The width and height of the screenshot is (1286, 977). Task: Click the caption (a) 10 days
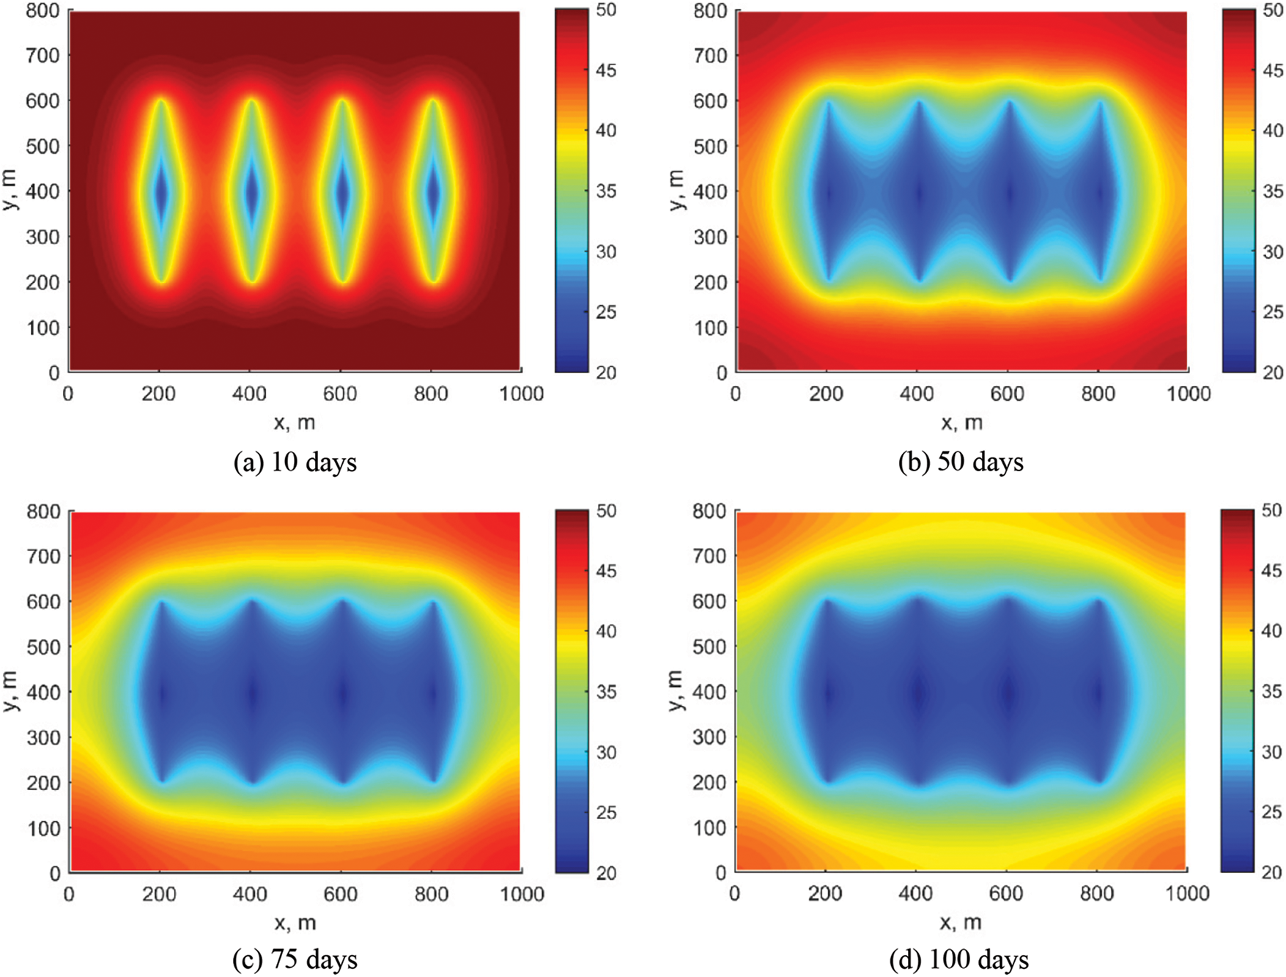pos(295,462)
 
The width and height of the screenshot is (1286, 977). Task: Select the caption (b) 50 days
pos(961,462)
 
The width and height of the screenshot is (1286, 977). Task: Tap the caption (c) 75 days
pos(295,959)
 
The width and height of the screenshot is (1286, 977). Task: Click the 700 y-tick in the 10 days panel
pos(43,55)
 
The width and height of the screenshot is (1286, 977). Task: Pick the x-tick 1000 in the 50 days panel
pos(1189,394)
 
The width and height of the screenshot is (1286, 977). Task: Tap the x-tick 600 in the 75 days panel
pos(341,894)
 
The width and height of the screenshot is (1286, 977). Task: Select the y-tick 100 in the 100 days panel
pos(709,827)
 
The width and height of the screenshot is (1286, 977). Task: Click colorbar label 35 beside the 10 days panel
pos(606,191)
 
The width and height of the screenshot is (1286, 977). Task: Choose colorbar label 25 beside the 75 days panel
pos(606,813)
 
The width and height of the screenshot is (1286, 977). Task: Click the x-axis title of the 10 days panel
pos(295,422)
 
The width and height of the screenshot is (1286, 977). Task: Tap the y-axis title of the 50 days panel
pos(676,191)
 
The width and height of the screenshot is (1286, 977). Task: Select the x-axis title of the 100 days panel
pos(961,923)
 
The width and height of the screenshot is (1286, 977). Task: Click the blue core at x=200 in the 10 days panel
pos(161,192)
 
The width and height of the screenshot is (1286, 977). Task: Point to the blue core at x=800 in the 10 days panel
pos(433,192)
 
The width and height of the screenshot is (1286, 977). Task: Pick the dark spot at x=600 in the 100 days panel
pos(1008,693)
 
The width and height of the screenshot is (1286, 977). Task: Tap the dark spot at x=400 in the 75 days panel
pos(251,693)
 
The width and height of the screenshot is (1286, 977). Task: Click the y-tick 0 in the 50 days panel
pos(722,373)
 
